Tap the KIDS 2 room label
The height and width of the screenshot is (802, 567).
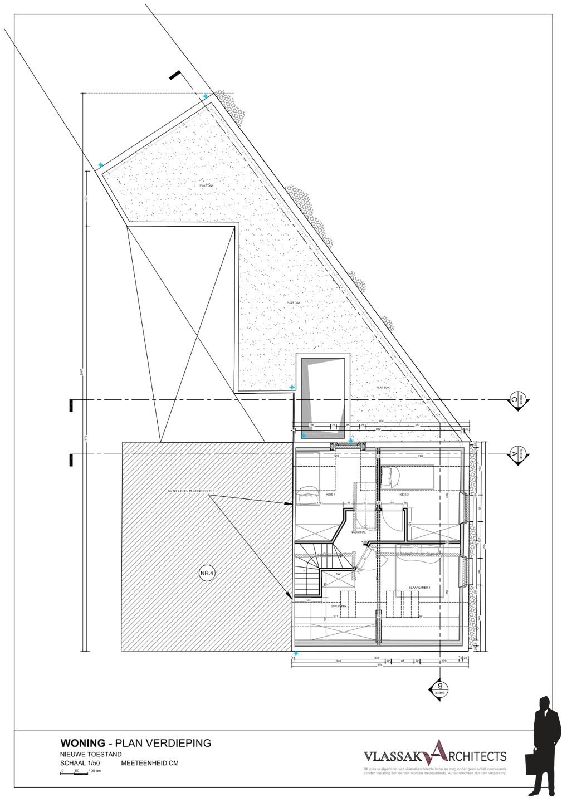(404, 494)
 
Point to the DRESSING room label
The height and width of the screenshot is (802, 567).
(339, 605)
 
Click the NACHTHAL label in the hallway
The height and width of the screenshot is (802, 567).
(358, 532)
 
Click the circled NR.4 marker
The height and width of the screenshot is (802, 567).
(206, 574)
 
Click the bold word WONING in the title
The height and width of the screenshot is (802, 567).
(82, 743)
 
